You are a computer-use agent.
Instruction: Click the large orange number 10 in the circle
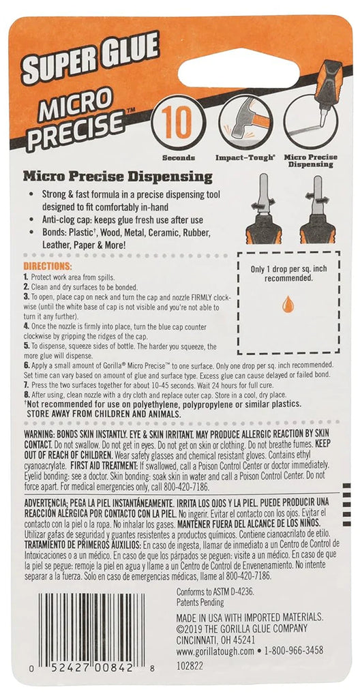178,123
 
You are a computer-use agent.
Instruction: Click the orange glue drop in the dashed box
288,304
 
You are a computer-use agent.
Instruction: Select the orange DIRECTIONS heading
47,267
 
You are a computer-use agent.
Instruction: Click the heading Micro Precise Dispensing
118,177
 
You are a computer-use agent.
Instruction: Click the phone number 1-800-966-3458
294,650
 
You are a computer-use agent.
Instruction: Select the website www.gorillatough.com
215,651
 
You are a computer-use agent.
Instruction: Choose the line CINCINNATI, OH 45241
215,639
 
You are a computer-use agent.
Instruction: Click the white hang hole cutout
239,67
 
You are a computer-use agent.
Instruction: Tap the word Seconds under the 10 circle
178,157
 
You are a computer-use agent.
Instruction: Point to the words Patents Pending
200,603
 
